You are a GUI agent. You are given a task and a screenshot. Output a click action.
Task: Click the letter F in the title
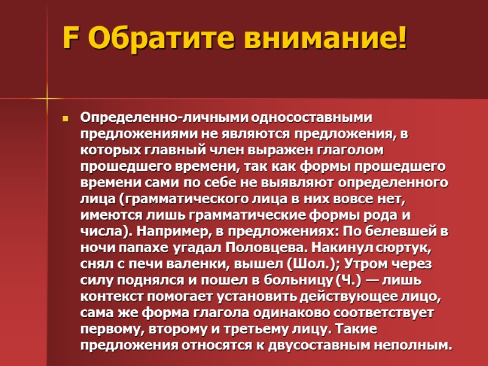[x=71, y=39]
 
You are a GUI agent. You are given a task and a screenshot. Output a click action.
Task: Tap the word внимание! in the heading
[x=325, y=39]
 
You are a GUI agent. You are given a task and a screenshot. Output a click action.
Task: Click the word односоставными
[x=303, y=117]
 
